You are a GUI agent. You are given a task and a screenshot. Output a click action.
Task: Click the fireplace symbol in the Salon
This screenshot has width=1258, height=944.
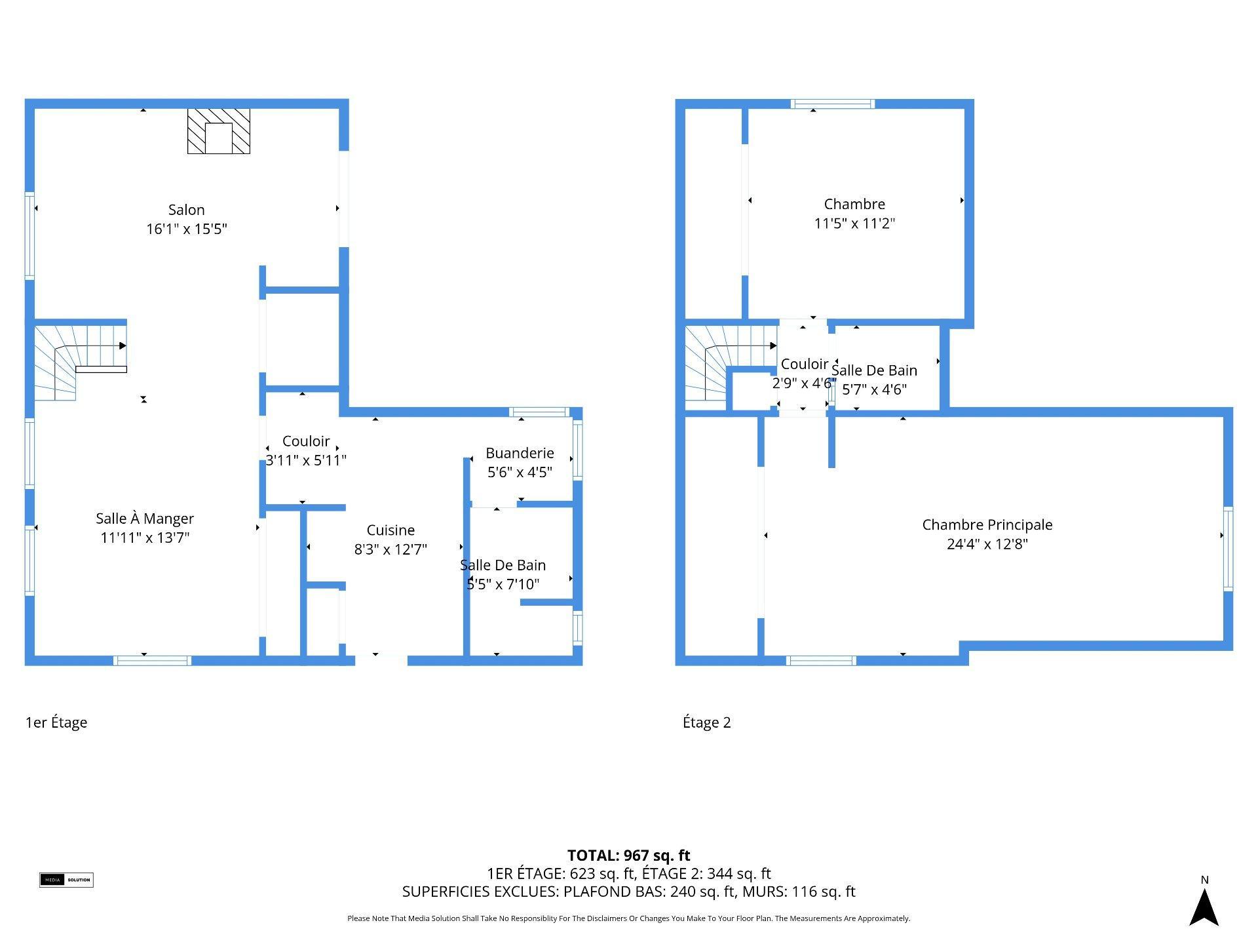[219, 131]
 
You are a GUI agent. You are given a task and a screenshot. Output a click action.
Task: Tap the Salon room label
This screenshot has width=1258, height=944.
[187, 210]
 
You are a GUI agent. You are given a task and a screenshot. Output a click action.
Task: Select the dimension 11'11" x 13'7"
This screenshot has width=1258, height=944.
[145, 538]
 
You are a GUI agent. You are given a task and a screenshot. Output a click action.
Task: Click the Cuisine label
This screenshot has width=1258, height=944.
[391, 530]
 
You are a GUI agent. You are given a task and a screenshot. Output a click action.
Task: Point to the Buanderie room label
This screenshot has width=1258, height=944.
[520, 453]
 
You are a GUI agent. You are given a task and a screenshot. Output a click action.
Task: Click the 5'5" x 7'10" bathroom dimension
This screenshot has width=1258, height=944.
[503, 584]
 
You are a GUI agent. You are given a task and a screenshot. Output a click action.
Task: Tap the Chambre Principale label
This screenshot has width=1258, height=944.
[987, 525]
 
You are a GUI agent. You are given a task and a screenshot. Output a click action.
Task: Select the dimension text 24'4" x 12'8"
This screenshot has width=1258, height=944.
[987, 544]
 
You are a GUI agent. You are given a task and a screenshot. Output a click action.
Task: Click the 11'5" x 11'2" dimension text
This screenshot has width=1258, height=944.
[854, 224]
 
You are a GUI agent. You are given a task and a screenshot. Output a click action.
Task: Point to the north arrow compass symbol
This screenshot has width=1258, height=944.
[1204, 907]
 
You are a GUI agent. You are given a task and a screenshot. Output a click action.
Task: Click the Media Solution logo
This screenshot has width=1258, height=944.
[66, 880]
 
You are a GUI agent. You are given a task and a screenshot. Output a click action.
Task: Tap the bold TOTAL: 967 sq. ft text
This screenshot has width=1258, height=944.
[629, 855]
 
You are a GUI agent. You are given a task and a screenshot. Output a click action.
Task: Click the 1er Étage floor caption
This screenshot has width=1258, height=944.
[56, 722]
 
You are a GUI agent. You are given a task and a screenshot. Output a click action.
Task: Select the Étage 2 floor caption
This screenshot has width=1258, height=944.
[707, 722]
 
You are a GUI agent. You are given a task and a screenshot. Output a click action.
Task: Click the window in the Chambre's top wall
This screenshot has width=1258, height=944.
[833, 104]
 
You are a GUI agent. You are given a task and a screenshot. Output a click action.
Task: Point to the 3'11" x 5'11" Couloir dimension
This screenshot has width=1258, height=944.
[306, 460]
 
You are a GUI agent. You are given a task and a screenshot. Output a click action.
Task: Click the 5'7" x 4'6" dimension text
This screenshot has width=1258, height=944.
[874, 389]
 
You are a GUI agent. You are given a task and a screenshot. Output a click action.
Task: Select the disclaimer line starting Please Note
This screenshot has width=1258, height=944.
[629, 918]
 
